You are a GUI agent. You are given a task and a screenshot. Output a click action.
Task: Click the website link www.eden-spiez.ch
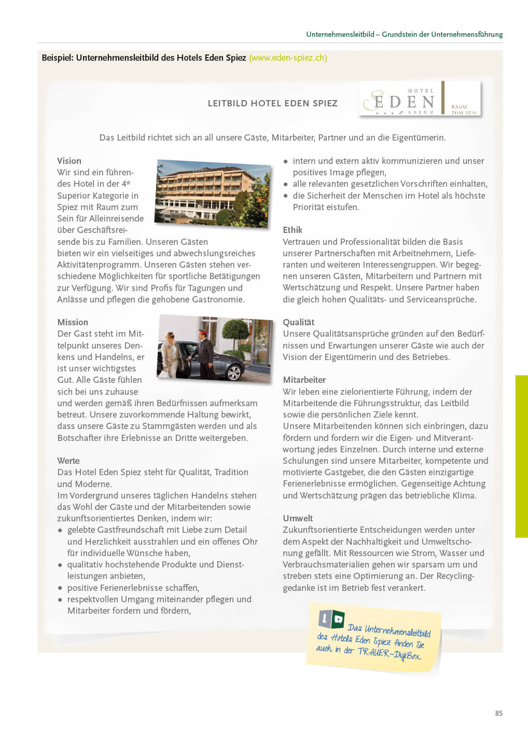point(288,58)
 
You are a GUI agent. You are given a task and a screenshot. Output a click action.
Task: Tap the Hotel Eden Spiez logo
point(420,98)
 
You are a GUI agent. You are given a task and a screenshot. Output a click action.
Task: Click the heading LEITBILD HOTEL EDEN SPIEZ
point(272,103)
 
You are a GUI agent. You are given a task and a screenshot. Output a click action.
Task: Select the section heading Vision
point(69,161)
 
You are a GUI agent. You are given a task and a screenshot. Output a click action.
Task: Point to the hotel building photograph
point(213,193)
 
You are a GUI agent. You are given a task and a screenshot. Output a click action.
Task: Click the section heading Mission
point(73,322)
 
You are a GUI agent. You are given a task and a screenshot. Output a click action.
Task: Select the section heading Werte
point(68,461)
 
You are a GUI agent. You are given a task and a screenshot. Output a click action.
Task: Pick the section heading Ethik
point(293,230)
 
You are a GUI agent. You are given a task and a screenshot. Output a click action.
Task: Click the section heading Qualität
point(298,322)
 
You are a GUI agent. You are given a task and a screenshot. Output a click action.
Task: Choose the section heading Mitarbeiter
point(304,380)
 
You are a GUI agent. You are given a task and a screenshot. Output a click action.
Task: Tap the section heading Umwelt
point(298,518)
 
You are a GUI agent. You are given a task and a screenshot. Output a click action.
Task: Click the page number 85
point(499,713)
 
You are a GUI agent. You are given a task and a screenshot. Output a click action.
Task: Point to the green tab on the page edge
point(521,456)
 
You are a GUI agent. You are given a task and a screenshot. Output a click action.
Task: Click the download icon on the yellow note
point(325,618)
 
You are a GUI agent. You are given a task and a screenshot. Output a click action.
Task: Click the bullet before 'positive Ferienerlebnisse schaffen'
point(60,588)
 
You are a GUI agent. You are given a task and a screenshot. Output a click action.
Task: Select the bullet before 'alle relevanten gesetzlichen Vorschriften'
point(286,184)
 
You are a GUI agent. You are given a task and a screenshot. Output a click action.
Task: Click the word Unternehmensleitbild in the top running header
point(340,34)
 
